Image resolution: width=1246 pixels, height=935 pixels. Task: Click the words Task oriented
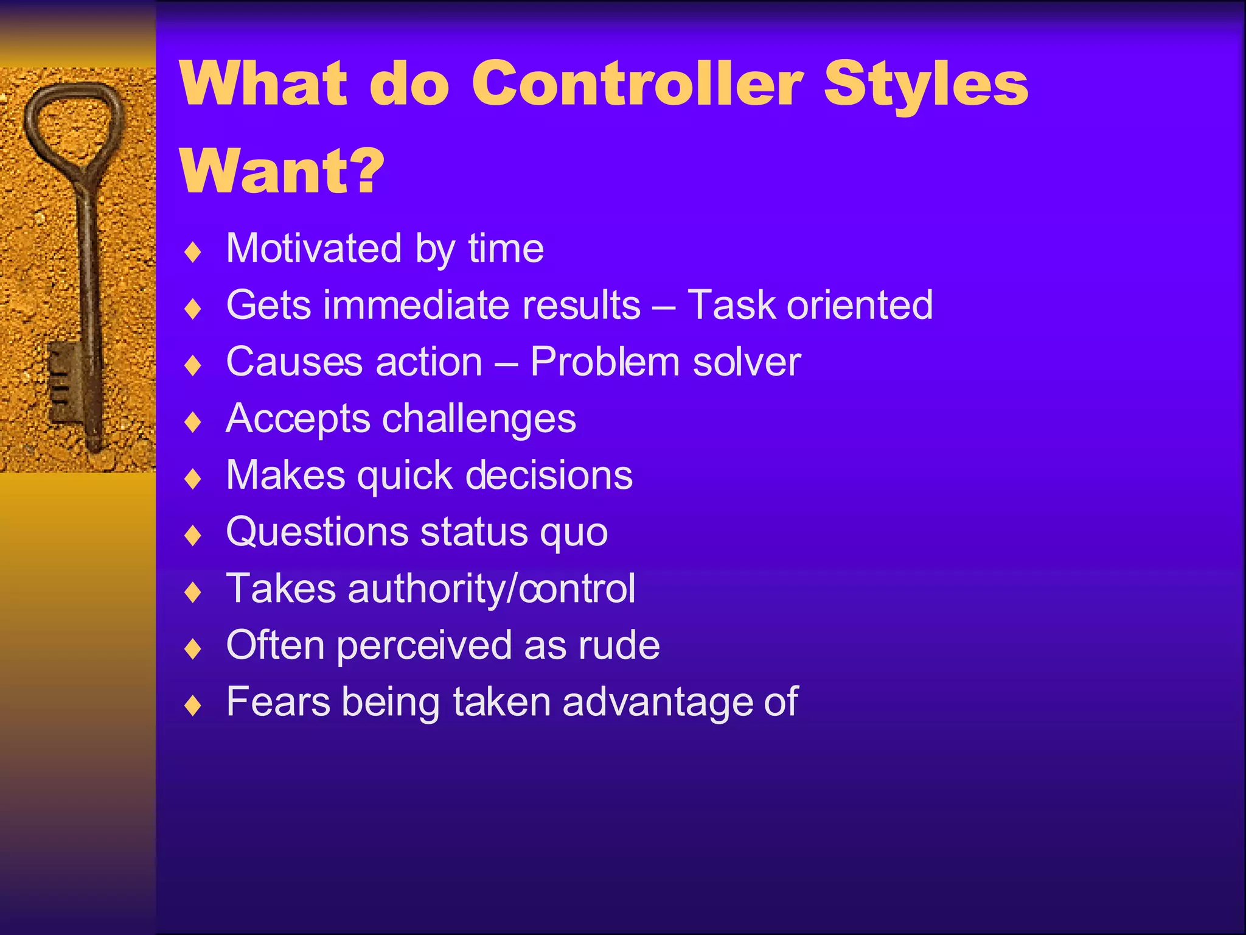(810, 304)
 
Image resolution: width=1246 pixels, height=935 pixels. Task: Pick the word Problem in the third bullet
(605, 362)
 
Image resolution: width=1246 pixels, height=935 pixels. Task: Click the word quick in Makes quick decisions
(405, 475)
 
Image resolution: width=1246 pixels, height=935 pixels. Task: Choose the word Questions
(317, 532)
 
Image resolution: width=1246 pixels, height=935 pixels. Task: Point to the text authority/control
(492, 589)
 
